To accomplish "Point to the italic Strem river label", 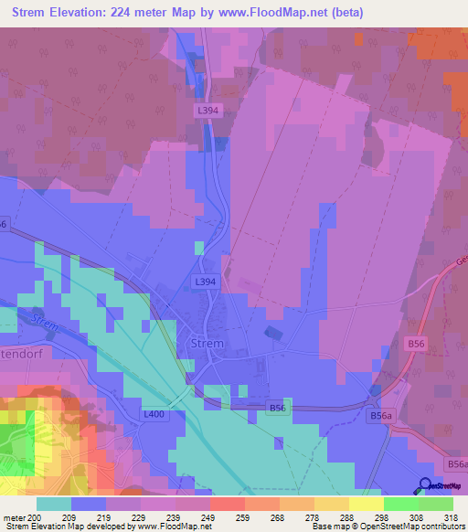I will click(x=44, y=322).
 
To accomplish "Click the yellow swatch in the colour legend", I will click(x=366, y=504).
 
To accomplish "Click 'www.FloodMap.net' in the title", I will click(x=292, y=13).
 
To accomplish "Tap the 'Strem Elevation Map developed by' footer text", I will click(x=55, y=527).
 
